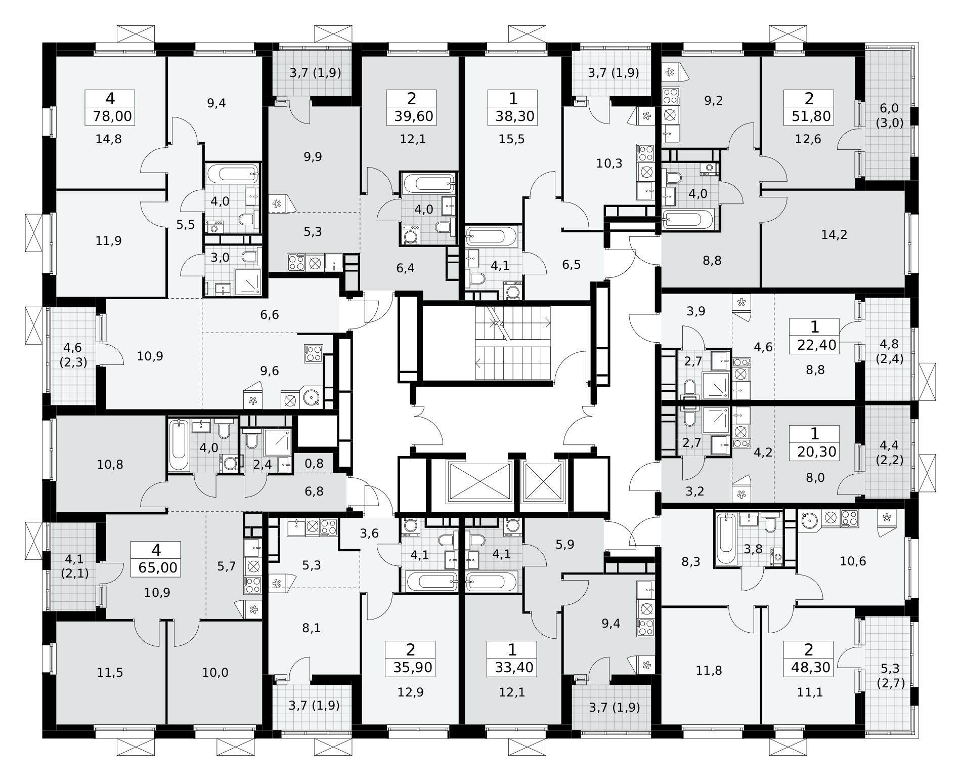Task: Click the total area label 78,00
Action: click(x=112, y=117)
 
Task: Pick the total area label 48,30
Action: click(x=811, y=668)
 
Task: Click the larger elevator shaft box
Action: click(x=479, y=482)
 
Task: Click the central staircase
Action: click(x=513, y=342)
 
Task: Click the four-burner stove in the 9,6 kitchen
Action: click(x=314, y=353)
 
